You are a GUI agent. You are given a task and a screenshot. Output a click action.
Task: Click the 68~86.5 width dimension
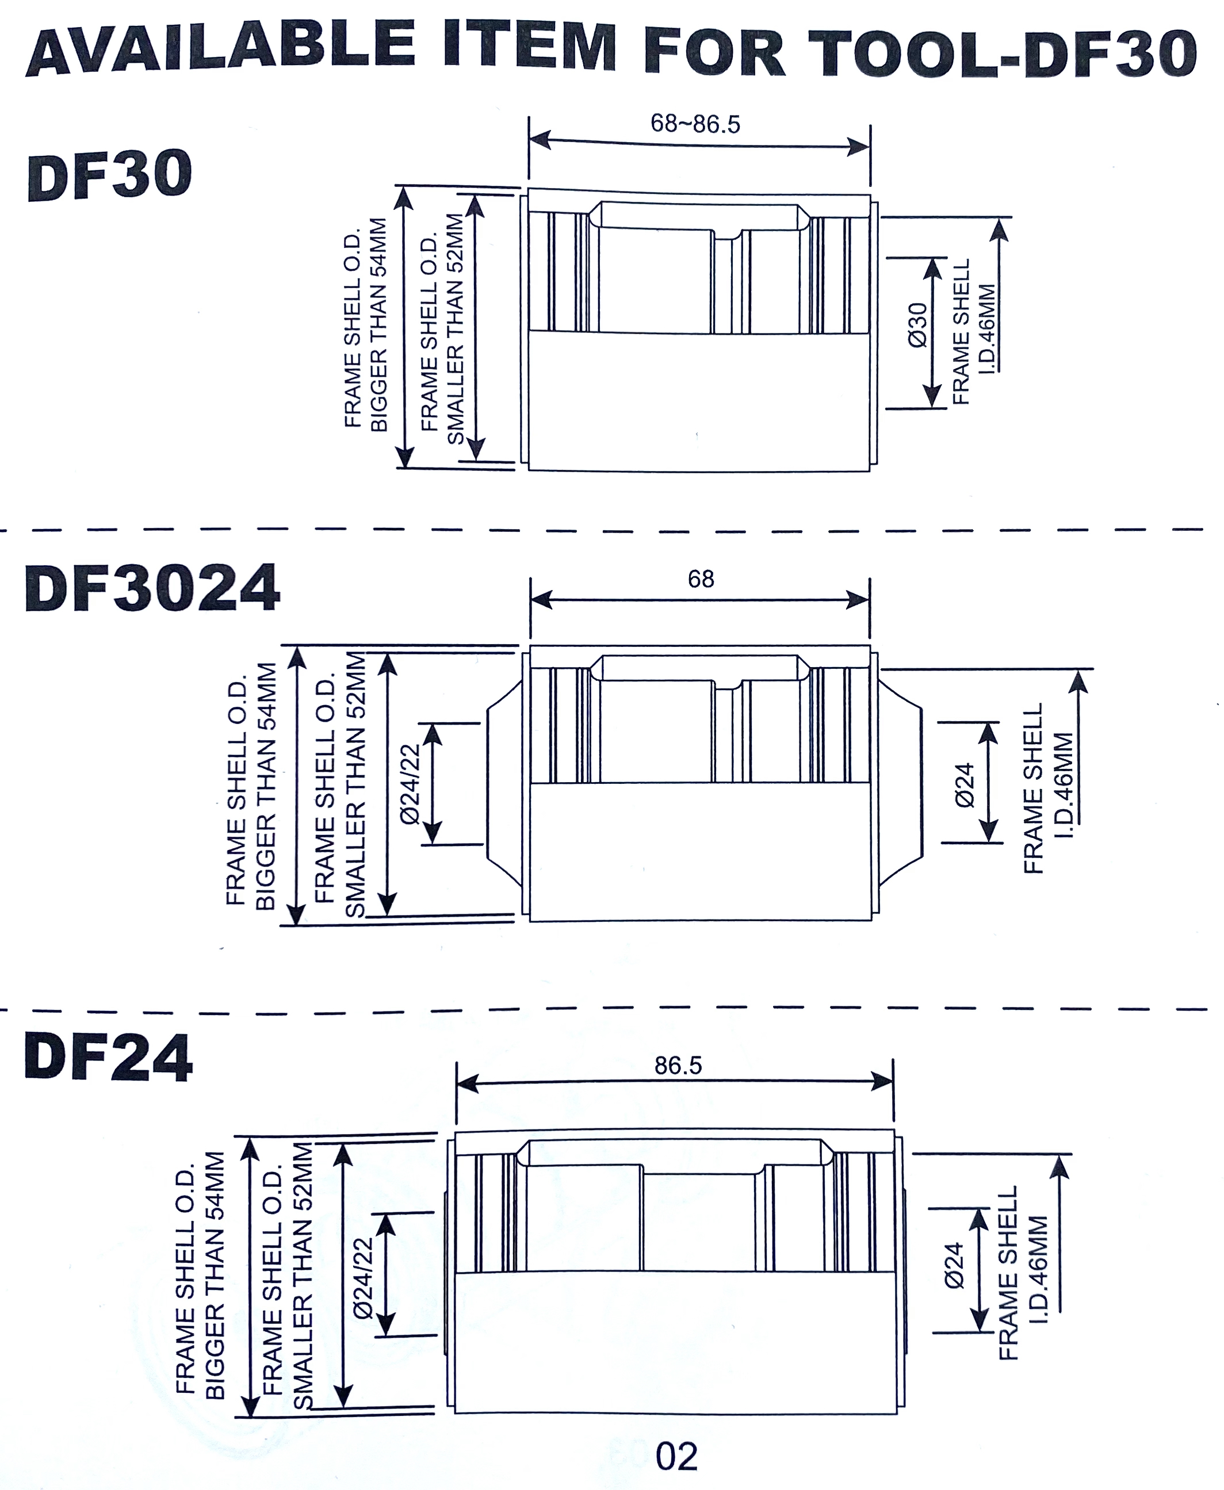coord(695,124)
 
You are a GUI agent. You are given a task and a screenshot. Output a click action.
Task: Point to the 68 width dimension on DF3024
coord(701,579)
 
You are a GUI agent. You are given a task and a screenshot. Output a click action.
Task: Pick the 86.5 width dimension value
coord(678,1065)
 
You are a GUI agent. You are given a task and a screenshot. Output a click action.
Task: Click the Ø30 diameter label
coord(918,325)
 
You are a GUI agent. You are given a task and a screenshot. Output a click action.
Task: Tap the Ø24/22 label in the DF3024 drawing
coord(410,784)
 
